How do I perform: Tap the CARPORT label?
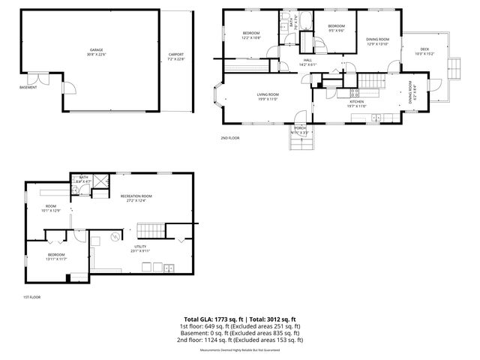tap(176, 55)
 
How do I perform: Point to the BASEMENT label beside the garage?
tap(28, 87)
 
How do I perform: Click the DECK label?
tap(424, 49)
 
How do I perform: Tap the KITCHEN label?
tap(357, 101)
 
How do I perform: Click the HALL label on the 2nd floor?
tap(307, 61)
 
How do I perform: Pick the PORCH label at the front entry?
tap(300, 128)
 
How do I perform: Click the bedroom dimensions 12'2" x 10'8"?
tap(251, 37)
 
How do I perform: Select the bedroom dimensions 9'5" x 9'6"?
tap(335, 31)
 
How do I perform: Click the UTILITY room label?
tap(140, 246)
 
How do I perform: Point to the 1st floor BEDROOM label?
tap(56, 254)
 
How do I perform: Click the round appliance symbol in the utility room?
tap(115, 237)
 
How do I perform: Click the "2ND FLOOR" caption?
tap(229, 139)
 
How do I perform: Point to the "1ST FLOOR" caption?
tap(31, 298)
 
